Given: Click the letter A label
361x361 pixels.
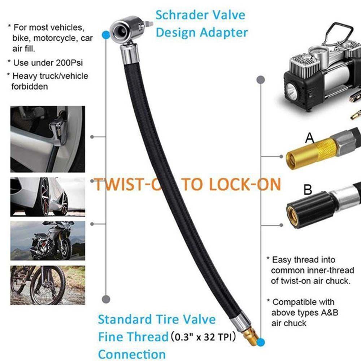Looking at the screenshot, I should (x=309, y=138).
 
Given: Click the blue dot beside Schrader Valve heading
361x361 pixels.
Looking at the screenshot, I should (x=105, y=35).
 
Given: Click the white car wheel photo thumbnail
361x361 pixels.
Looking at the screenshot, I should (x=48, y=196).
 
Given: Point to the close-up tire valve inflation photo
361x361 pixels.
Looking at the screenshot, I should (x=48, y=139).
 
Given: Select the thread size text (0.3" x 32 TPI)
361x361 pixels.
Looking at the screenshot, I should (x=204, y=337).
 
